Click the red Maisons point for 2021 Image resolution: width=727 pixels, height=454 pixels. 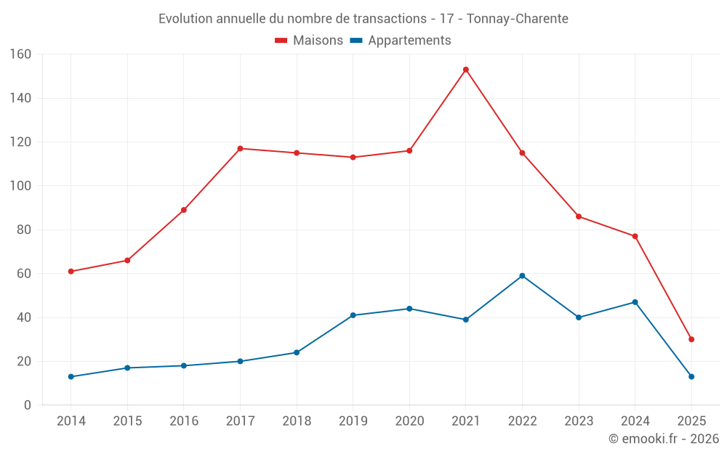[466, 70]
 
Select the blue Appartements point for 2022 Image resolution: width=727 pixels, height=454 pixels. [522, 276]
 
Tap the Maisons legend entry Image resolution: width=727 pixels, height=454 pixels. [309, 41]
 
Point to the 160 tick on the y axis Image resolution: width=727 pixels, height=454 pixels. [20, 54]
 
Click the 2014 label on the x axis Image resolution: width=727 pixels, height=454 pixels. [71, 421]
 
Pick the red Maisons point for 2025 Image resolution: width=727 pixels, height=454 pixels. [691, 339]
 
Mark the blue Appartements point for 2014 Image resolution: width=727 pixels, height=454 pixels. [71, 377]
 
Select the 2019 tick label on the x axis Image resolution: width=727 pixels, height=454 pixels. [353, 421]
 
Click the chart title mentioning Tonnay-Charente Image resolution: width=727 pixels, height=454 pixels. [363, 18]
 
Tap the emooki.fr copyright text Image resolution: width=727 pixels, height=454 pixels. [664, 439]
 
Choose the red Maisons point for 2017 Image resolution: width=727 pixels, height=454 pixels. [240, 149]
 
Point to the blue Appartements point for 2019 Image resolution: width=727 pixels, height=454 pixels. [353, 315]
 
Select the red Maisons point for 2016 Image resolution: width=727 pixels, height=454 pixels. [184, 210]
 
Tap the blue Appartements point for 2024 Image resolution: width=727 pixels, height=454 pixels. [635, 302]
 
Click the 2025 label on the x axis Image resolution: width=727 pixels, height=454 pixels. [691, 421]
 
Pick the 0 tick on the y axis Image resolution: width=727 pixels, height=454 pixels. [28, 405]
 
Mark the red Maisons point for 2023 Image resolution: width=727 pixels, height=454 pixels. [579, 216]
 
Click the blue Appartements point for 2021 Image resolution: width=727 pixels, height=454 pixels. [466, 320]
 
